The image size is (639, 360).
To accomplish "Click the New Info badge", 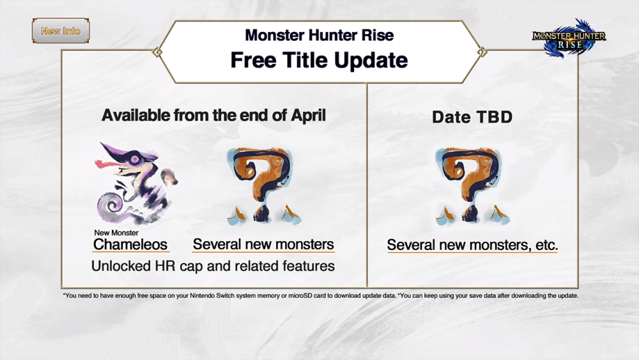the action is pos(61,31).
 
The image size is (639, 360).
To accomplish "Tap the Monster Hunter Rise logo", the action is pos(569,38).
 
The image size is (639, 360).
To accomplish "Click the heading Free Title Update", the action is pos(319,60).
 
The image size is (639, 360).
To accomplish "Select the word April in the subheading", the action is pos(308,116).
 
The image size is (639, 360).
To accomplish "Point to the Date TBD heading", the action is pos(472,117).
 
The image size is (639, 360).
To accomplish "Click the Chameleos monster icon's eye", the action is pos(134,159).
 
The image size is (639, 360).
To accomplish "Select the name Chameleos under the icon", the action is pos(130,244).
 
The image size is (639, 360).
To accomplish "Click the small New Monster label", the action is pos(116,233).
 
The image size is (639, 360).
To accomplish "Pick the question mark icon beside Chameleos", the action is pos(264,186).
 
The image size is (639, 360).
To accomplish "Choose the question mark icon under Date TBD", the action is pos(472,186).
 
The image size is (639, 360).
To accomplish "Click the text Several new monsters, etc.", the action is pos(472,245).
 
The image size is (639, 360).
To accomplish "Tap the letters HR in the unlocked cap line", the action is pos(165,266).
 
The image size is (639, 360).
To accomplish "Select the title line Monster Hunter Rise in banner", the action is pos(319,35).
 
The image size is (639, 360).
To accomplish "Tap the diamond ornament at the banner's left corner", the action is pos(157,52).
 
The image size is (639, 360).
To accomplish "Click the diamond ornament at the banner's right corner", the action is pos(482,52).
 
